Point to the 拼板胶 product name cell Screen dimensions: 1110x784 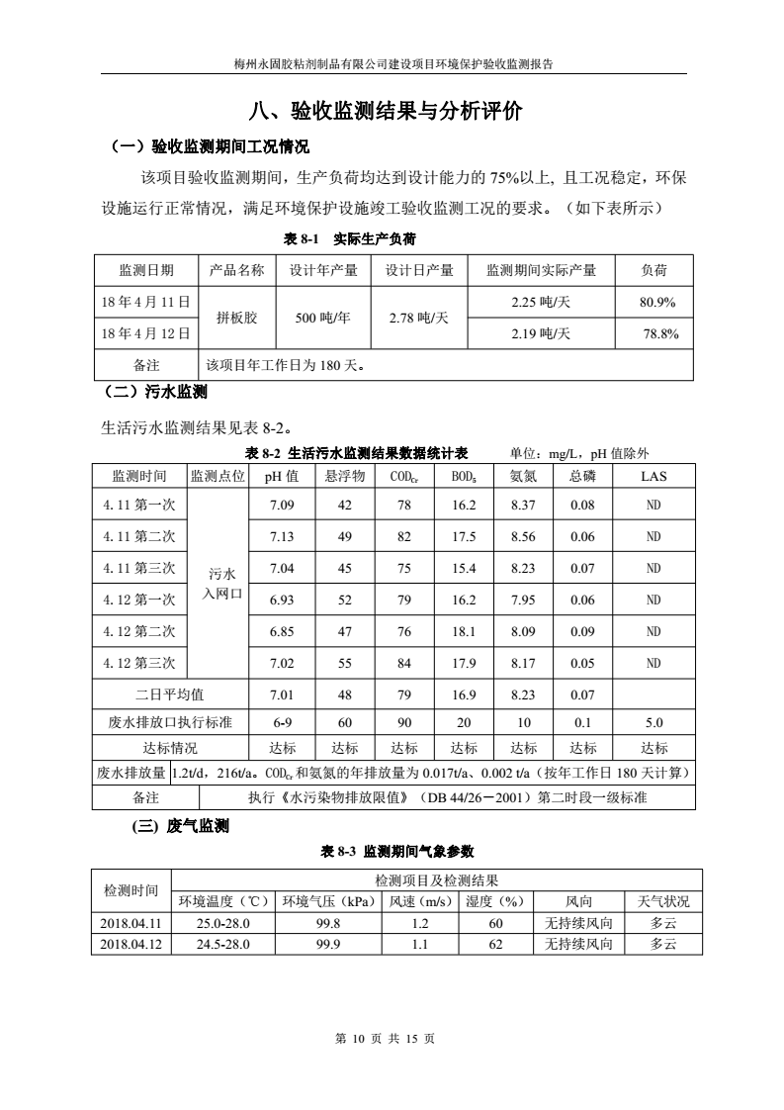[x=237, y=318]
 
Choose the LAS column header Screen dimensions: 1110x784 [x=653, y=476]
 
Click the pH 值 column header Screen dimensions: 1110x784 [x=282, y=476]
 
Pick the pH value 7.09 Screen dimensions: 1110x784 [x=282, y=506]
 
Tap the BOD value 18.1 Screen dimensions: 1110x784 [x=464, y=631]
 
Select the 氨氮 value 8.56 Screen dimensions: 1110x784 [x=524, y=537]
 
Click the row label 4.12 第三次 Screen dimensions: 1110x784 [x=139, y=663]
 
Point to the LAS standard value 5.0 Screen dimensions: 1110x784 [x=653, y=722]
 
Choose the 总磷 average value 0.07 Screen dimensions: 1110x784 [x=582, y=694]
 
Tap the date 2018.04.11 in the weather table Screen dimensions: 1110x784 [x=131, y=923]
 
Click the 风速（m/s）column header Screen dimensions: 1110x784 [x=419, y=901]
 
